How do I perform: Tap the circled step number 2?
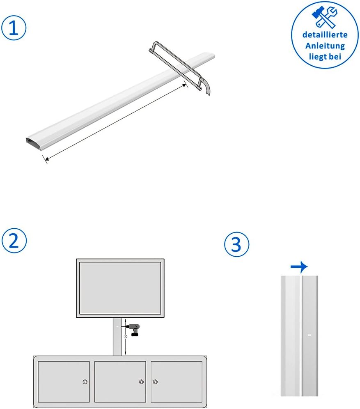(x=14, y=241)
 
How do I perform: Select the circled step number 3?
(x=237, y=244)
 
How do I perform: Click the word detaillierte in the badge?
(x=325, y=34)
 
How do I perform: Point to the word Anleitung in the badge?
(x=325, y=46)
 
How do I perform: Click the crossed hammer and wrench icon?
(x=324, y=17)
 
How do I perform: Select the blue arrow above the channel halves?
(x=299, y=267)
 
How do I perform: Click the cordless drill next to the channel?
(x=134, y=330)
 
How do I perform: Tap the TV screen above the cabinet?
(x=120, y=288)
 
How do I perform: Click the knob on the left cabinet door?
(x=85, y=382)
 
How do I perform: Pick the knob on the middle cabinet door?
(x=141, y=382)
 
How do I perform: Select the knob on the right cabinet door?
(x=155, y=382)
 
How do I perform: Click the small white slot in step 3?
(x=310, y=335)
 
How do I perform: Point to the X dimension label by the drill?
(x=126, y=336)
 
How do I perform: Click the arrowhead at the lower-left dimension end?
(x=46, y=159)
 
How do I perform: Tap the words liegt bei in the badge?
(x=325, y=57)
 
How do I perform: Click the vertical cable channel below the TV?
(x=117, y=336)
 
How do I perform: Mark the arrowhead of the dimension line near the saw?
(x=184, y=85)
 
